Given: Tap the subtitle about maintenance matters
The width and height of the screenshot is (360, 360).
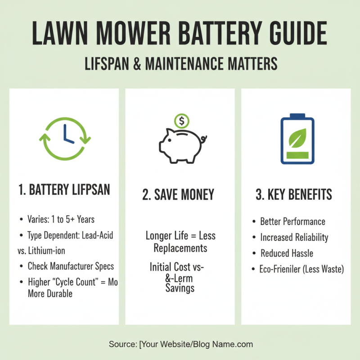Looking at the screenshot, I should click(x=180, y=63).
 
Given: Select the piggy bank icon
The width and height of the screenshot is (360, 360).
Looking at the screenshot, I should click(x=180, y=145).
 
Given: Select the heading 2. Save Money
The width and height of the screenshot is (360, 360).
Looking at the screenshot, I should click(x=179, y=195).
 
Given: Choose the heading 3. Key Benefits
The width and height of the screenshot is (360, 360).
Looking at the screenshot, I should click(x=294, y=194).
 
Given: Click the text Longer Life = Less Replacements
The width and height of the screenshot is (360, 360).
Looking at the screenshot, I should click(x=180, y=242).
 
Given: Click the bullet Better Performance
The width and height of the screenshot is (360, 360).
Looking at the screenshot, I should click(x=292, y=221).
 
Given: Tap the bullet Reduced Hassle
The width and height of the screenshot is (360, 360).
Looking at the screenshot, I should click(x=287, y=253).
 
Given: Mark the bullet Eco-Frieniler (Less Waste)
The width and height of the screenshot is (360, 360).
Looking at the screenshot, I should click(x=301, y=269).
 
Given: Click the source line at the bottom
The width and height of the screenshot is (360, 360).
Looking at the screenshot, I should click(x=180, y=344).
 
